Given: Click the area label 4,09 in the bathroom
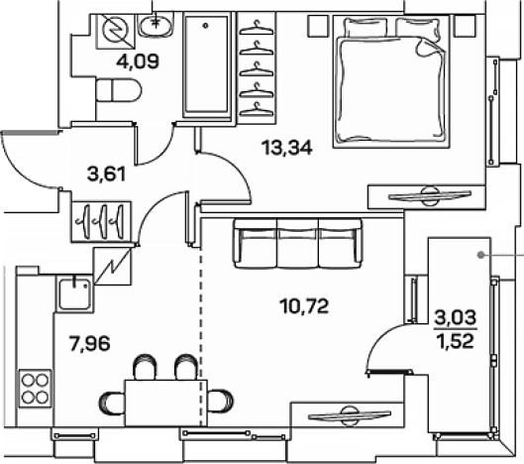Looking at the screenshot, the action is tap(138, 61).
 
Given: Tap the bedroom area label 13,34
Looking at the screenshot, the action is tap(287, 148).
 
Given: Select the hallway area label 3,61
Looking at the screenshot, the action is tap(106, 174).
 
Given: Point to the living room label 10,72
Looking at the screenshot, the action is tap(305, 306).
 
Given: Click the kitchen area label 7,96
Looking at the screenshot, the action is tap(89, 344).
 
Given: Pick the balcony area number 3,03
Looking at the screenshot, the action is tap(456, 317).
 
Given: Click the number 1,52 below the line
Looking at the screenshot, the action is tap(457, 341).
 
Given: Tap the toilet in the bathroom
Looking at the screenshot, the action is tap(119, 90).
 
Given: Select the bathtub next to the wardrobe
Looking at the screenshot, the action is tap(207, 64).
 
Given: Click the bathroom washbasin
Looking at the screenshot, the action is tap(157, 25).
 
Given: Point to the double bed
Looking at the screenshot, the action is tap(391, 81).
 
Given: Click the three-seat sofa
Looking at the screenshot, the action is tap(298, 243).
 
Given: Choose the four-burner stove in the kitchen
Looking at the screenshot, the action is tap(35, 389).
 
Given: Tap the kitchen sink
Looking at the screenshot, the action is tap(74, 294).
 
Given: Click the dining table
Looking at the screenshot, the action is tap(166, 403).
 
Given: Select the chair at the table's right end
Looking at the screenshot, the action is tap(220, 401).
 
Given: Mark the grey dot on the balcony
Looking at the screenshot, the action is tap(480, 255).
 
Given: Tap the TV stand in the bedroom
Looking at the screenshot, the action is tap(426, 197).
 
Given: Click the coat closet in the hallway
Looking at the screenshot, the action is tap(101, 221).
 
